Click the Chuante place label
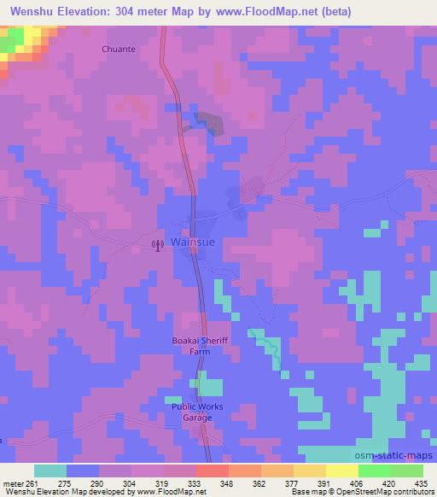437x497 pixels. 119,49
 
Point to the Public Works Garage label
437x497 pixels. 198,412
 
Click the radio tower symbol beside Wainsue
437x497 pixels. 156,246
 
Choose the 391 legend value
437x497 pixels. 325,482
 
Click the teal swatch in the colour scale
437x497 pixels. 50,471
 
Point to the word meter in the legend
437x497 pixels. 14,482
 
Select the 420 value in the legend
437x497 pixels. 390,482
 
